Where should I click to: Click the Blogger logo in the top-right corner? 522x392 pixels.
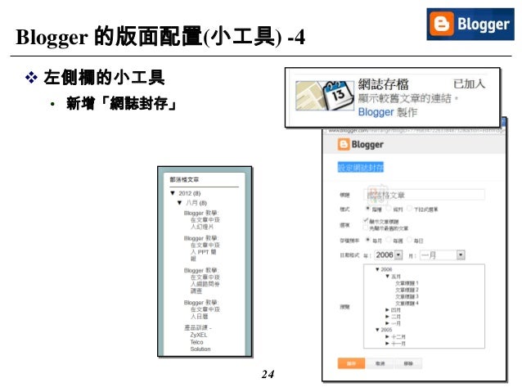point(470,25)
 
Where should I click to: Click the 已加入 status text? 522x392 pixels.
point(469,83)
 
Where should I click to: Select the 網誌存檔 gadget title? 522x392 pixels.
point(390,84)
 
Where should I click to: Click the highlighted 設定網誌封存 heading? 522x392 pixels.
point(361,168)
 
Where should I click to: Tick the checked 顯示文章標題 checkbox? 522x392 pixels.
point(366,221)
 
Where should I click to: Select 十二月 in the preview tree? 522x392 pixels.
point(398,336)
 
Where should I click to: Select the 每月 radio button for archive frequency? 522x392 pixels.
point(367,241)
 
